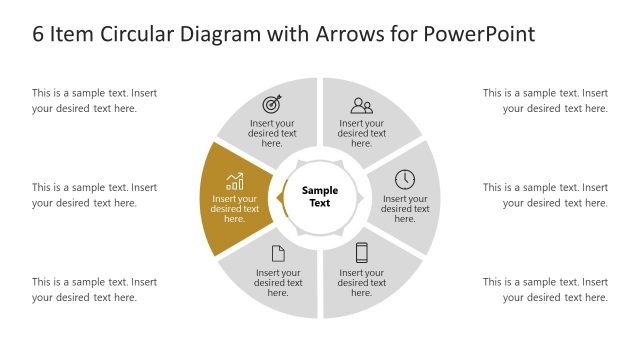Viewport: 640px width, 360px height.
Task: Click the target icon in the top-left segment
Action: click(272, 104)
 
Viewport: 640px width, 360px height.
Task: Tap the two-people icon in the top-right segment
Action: click(361, 105)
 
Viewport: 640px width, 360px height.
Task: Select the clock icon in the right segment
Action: click(405, 179)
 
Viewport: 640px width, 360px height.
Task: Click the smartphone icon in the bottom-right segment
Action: click(362, 252)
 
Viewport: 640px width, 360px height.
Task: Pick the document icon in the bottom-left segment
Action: click(278, 253)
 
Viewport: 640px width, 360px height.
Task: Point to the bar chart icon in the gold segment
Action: click(235, 181)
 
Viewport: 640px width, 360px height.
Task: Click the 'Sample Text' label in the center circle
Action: click(321, 196)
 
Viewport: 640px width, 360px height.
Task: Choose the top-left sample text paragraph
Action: click(94, 100)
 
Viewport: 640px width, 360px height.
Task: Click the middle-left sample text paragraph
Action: click(94, 195)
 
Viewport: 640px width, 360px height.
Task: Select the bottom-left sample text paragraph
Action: click(94, 289)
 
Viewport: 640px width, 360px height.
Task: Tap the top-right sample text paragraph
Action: click(546, 100)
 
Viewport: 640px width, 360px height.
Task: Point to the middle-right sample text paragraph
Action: click(546, 195)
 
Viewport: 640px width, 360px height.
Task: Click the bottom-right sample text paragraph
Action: click(546, 289)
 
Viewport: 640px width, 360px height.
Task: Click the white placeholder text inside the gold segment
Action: click(235, 209)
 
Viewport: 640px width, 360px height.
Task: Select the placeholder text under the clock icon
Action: click(405, 209)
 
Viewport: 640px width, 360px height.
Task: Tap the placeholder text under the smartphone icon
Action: click(362, 283)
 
